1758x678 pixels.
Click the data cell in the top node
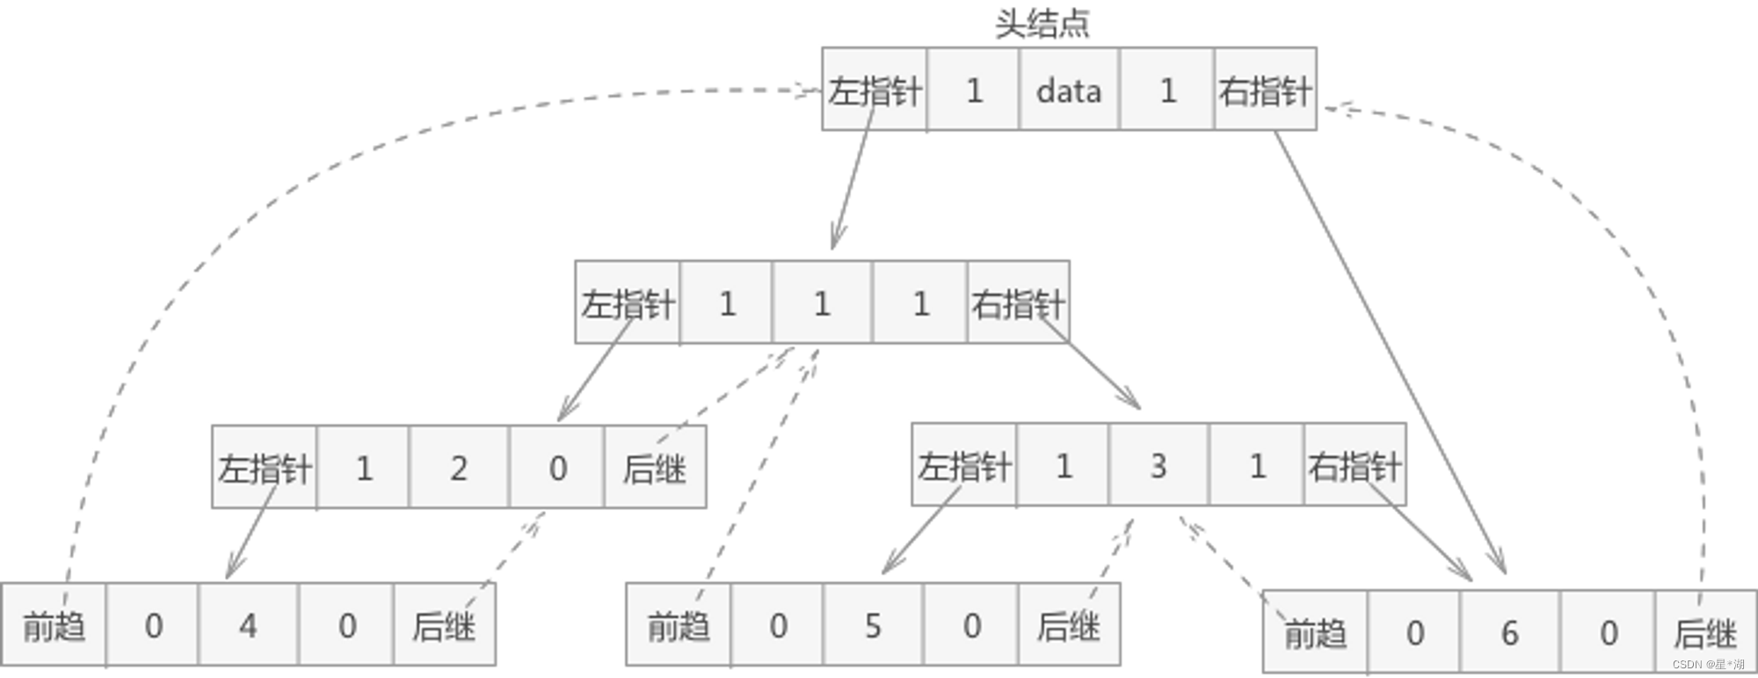(1069, 91)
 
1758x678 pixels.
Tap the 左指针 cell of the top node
(875, 91)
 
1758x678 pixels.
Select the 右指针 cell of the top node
(1265, 91)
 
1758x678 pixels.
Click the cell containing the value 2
(459, 468)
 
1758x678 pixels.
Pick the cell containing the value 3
(1159, 466)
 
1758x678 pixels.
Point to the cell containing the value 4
(248, 626)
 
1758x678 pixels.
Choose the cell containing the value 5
(873, 626)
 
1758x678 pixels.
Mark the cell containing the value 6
(1509, 632)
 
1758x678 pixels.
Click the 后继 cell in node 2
(655, 468)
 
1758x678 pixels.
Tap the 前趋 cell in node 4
(54, 626)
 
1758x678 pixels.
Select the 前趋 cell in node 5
(678, 626)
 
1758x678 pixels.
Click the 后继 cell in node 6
(1705, 632)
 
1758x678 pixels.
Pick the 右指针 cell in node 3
(1355, 466)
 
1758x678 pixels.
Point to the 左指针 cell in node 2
(265, 468)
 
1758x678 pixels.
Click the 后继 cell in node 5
(1069, 626)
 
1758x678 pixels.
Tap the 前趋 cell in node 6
(1315, 632)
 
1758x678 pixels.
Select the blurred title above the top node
(1042, 25)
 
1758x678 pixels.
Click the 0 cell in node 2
(557, 468)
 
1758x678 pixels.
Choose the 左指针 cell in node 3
(964, 466)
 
